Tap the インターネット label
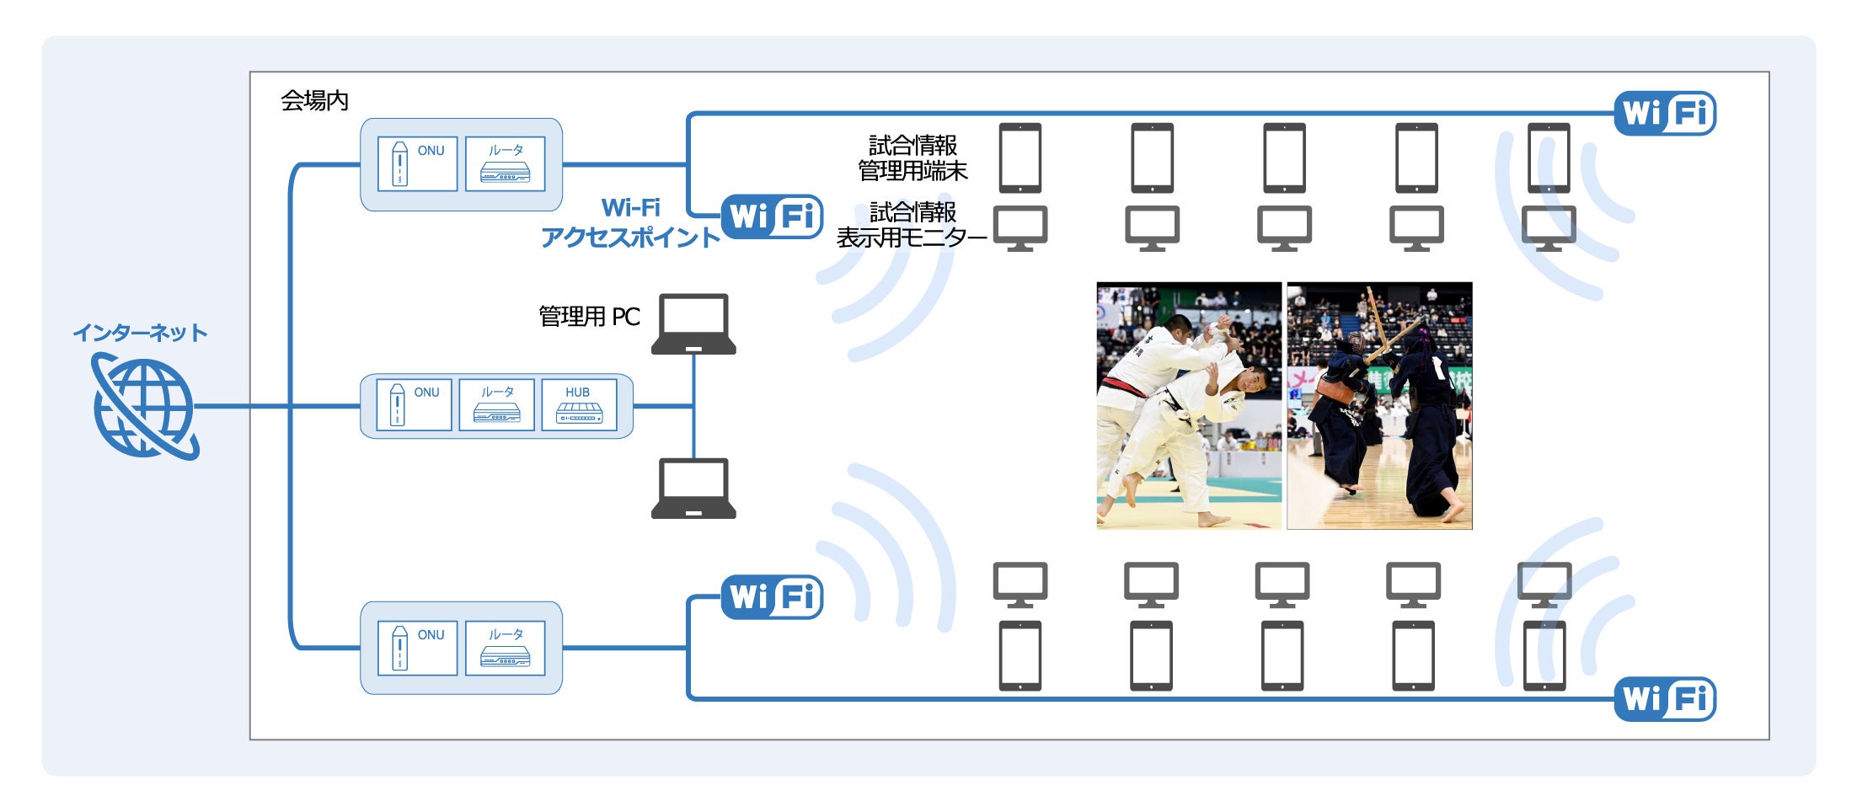(140, 334)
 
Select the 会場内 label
(314, 101)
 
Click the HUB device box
(579, 405)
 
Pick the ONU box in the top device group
(417, 164)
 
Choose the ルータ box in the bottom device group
(505, 648)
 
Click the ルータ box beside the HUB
(496, 405)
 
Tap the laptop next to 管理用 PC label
(693, 324)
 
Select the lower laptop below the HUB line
(693, 489)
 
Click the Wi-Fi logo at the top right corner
(1665, 113)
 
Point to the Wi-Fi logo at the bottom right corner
(1665, 699)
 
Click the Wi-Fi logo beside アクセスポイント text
(772, 217)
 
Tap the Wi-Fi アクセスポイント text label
(630, 223)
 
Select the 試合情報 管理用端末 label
(912, 158)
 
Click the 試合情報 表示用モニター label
(912, 225)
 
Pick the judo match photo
(1188, 405)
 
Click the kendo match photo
(1379, 405)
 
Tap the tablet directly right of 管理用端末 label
(1019, 158)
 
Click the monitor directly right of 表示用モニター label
(1019, 228)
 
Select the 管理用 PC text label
(589, 317)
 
